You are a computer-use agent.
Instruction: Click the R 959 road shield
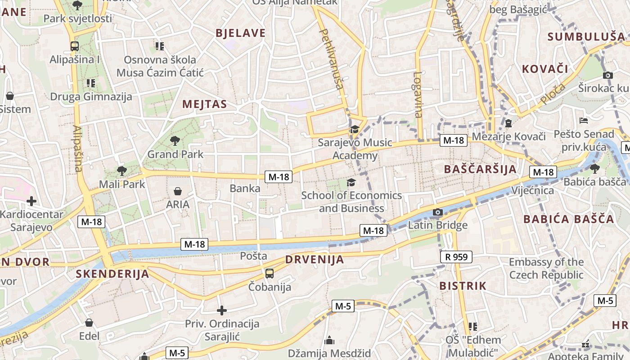coord(456,257)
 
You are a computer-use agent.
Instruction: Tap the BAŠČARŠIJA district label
coord(480,169)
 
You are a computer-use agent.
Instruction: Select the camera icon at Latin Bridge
coord(437,212)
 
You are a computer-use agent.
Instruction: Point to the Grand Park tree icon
coord(175,141)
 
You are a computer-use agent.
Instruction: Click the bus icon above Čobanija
coord(269,273)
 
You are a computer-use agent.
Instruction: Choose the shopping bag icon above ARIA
coord(178,191)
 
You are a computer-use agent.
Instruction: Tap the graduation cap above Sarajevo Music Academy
coord(355,130)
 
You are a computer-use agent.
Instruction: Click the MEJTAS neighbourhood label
coord(204,104)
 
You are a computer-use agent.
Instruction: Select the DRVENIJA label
coord(315,259)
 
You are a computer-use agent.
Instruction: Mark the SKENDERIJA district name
coord(112,274)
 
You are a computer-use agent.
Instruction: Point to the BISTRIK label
coord(463,286)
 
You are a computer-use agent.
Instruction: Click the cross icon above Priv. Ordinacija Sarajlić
coord(221,310)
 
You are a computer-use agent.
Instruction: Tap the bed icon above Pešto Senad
coord(584,121)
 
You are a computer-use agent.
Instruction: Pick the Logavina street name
coord(418,94)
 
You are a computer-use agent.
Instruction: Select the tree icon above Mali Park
coord(121,171)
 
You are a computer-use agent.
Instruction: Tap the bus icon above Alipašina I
coord(75,46)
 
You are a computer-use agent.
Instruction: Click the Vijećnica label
coord(532,190)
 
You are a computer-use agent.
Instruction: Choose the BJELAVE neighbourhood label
coord(240,33)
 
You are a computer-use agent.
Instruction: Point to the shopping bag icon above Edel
coord(89,323)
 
